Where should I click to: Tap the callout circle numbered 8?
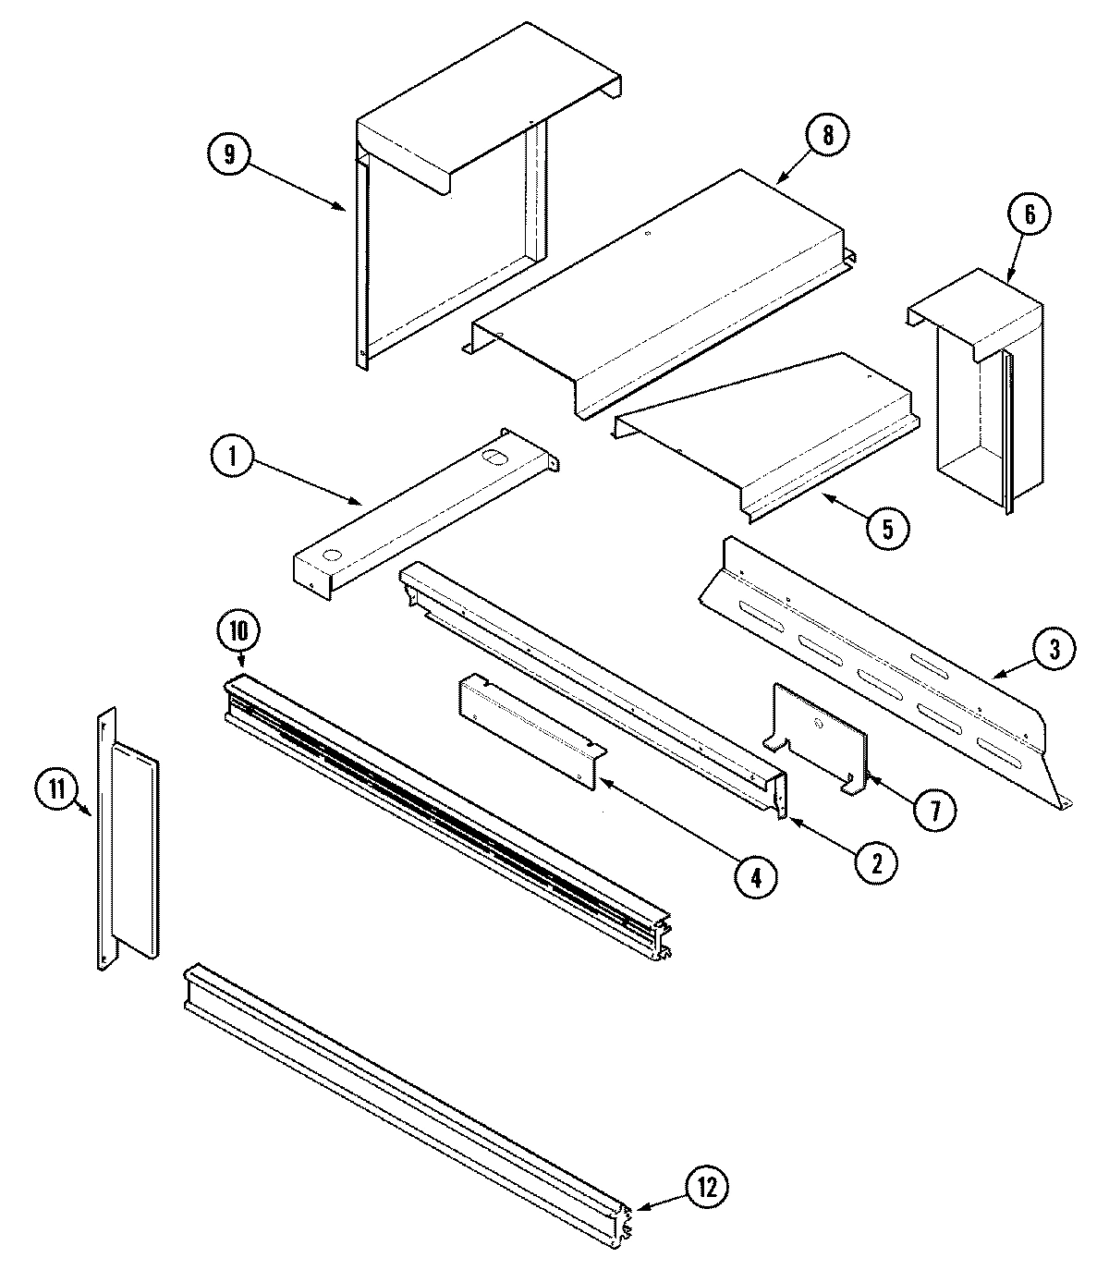[x=825, y=135]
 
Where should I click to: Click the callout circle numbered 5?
[x=886, y=527]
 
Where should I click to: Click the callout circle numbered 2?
[x=874, y=862]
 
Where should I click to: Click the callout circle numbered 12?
[x=707, y=1187]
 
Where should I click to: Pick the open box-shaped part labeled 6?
[x=980, y=397]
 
